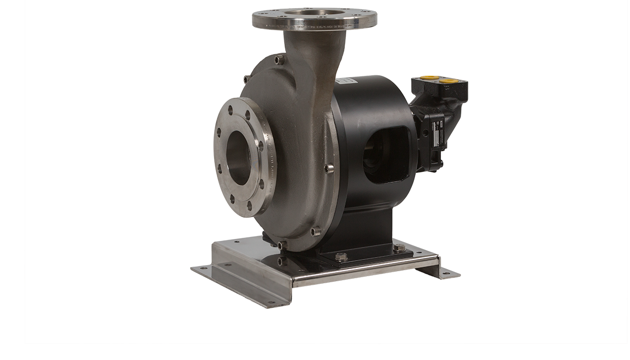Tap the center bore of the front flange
tap(239, 157)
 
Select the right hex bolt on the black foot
tap(399, 248)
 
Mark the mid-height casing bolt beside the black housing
tap(330, 169)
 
